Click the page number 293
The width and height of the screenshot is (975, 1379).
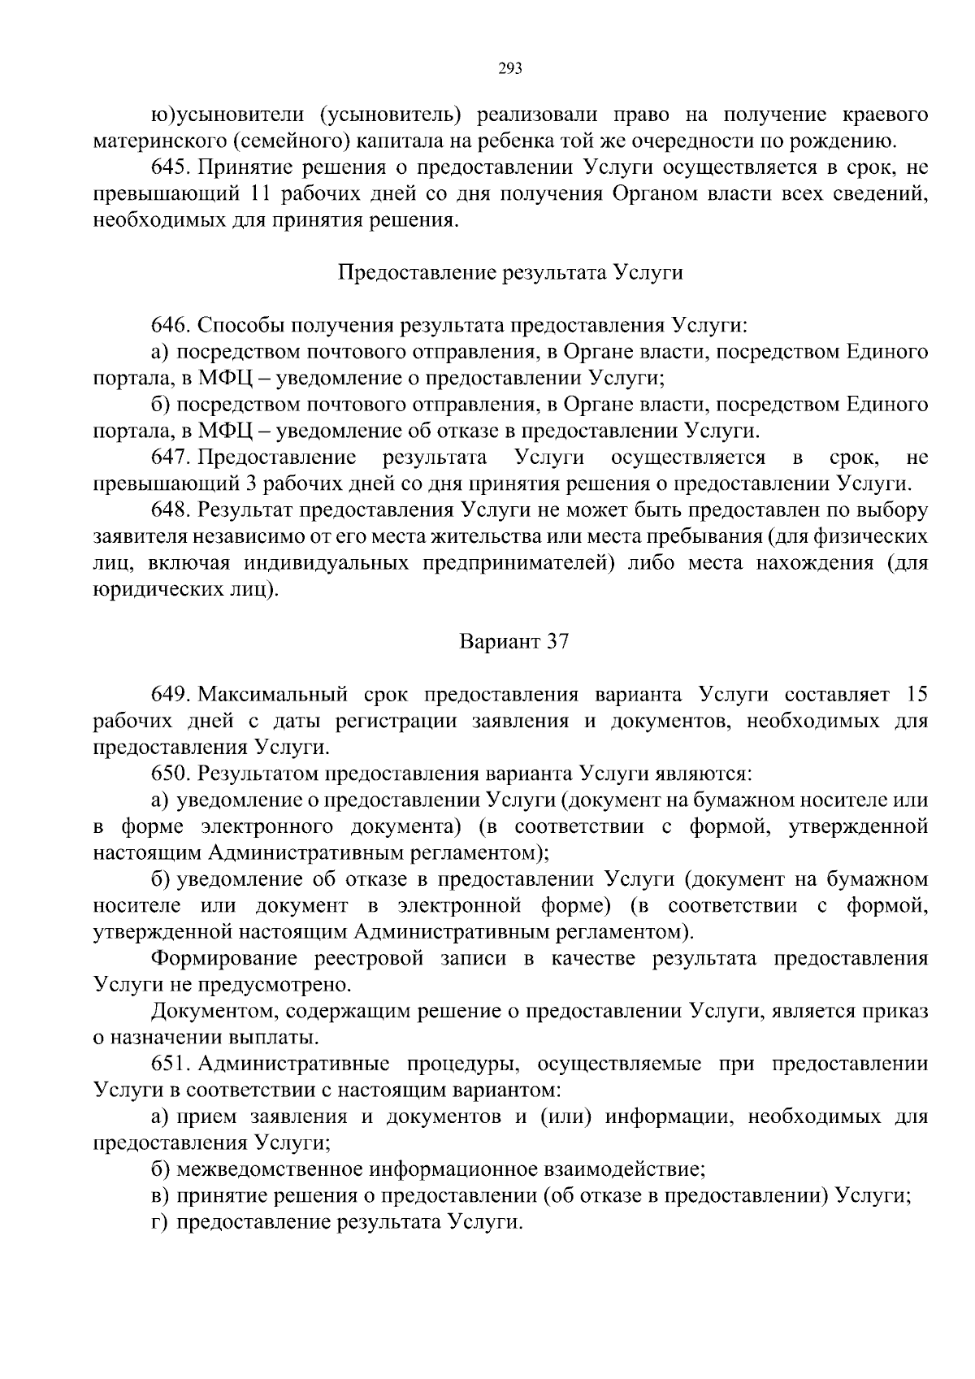coord(509,68)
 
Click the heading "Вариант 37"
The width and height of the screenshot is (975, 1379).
coord(514,642)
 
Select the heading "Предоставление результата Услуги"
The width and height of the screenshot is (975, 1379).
coord(510,273)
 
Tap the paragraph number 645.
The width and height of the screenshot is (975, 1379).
coord(170,168)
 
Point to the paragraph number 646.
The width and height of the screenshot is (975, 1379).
coord(170,326)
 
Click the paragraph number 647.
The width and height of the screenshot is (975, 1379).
coord(170,457)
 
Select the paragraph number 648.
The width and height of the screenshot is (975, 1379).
coord(170,510)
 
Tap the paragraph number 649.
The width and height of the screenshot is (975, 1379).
coord(170,695)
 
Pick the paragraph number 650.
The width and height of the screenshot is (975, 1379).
coord(170,774)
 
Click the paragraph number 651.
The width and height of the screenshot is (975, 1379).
coord(170,1064)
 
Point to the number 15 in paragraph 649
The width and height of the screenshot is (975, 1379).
coord(915,695)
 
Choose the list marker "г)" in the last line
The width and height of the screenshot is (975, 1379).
coord(160,1222)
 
